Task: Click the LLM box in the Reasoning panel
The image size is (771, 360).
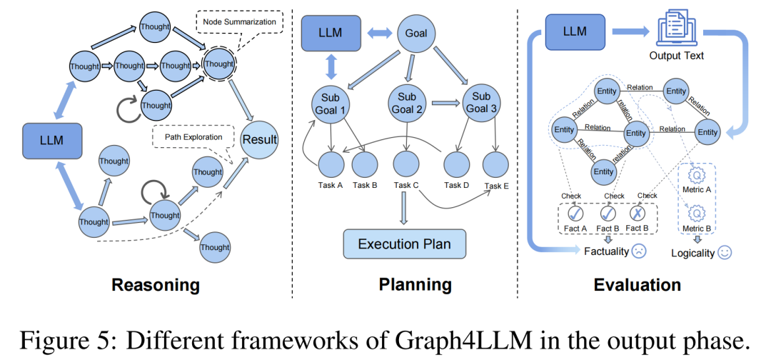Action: tap(52, 140)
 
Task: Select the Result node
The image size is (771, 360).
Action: tap(259, 139)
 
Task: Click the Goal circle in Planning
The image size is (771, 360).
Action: tap(416, 33)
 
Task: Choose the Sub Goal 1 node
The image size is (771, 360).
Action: tap(331, 104)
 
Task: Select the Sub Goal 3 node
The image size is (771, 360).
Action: tap(482, 104)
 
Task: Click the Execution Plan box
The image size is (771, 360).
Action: tap(404, 244)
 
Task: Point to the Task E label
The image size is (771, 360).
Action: tap(498, 186)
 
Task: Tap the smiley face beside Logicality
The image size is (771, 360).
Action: tap(724, 253)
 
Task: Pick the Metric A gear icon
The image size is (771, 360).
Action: tap(692, 174)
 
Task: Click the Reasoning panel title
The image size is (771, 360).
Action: tap(155, 286)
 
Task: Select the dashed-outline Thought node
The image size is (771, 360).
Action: tap(218, 64)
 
